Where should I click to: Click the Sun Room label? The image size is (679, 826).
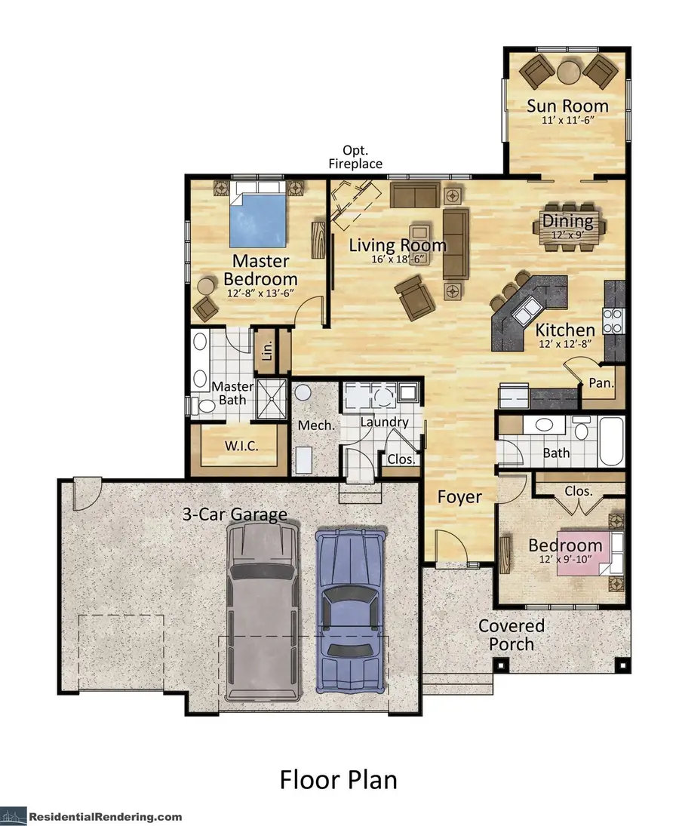coord(567,106)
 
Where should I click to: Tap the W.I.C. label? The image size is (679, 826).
coord(241,446)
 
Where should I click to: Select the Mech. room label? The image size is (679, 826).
coord(316,425)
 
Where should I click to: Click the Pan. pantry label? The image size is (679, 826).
coord(601,383)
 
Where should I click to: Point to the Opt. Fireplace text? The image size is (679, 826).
coord(355,157)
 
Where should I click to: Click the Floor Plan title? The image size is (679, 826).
coord(338,779)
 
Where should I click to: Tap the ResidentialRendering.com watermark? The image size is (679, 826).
coord(106,816)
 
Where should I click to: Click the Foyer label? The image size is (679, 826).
coord(459,497)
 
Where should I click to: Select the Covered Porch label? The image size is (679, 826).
coord(512,635)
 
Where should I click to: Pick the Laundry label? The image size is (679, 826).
coord(384,422)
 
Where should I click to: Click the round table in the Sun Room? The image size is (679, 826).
coord(568,71)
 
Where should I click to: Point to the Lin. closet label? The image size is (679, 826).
coord(266,350)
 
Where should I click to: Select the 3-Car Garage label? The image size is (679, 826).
coord(235,515)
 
